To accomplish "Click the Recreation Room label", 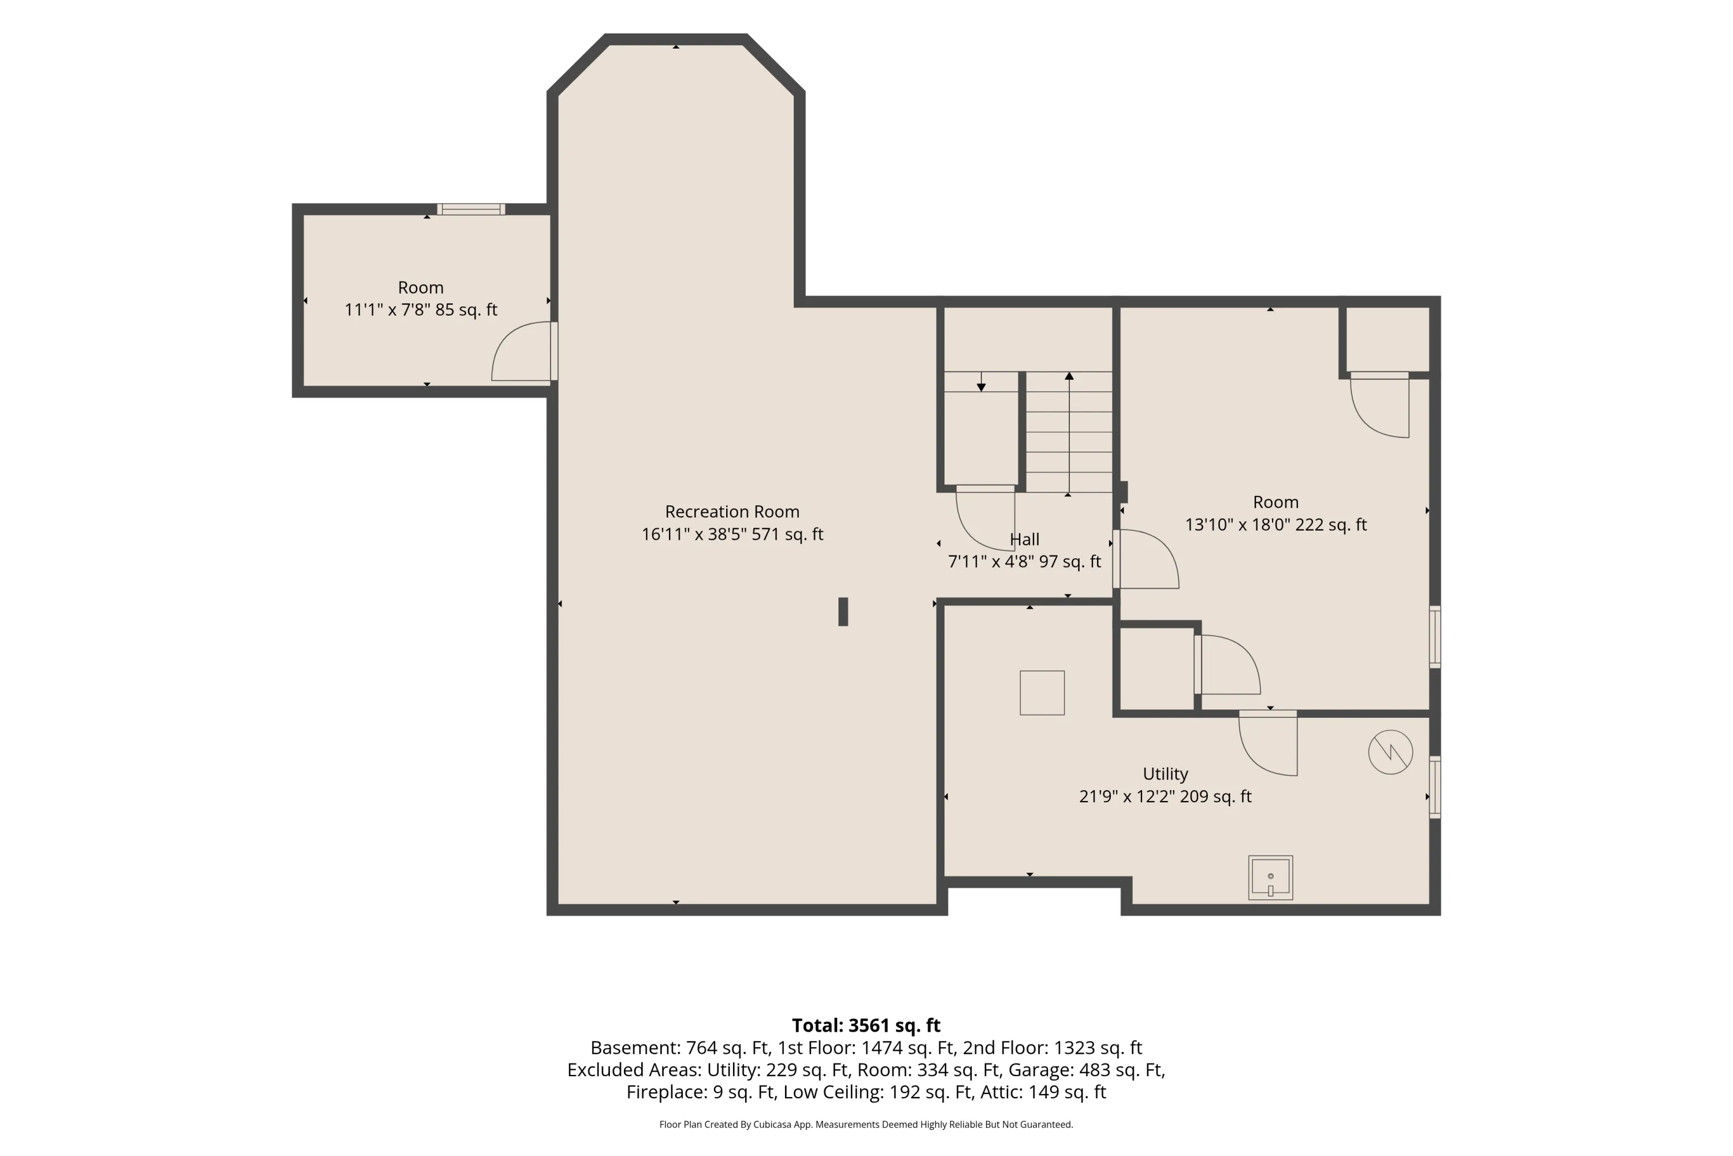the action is click(x=732, y=512).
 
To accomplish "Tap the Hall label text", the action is click(x=1024, y=540).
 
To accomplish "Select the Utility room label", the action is click(x=1165, y=774).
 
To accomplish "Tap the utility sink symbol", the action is click(x=1270, y=877).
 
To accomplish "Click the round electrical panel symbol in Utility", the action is click(x=1390, y=752).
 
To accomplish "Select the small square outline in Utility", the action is click(x=1042, y=693).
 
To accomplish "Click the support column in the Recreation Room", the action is click(x=843, y=612).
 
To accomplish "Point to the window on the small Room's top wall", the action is click(x=471, y=209).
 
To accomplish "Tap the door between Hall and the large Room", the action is click(x=1146, y=559).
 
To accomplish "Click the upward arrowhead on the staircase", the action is click(x=1069, y=376).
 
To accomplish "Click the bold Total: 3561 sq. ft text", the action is click(x=866, y=1025).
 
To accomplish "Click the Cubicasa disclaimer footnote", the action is click(x=866, y=1124).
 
